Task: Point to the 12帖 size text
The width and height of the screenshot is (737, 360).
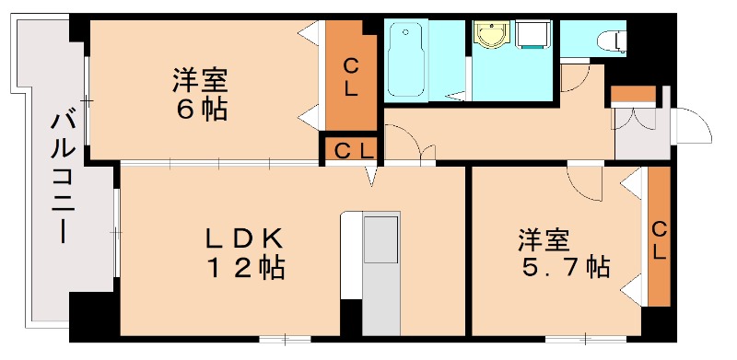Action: point(243,269)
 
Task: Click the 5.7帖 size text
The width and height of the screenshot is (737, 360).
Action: point(561,268)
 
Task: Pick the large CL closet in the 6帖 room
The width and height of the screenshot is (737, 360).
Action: point(351,79)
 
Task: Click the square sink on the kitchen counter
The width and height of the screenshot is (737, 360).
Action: point(380,241)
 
